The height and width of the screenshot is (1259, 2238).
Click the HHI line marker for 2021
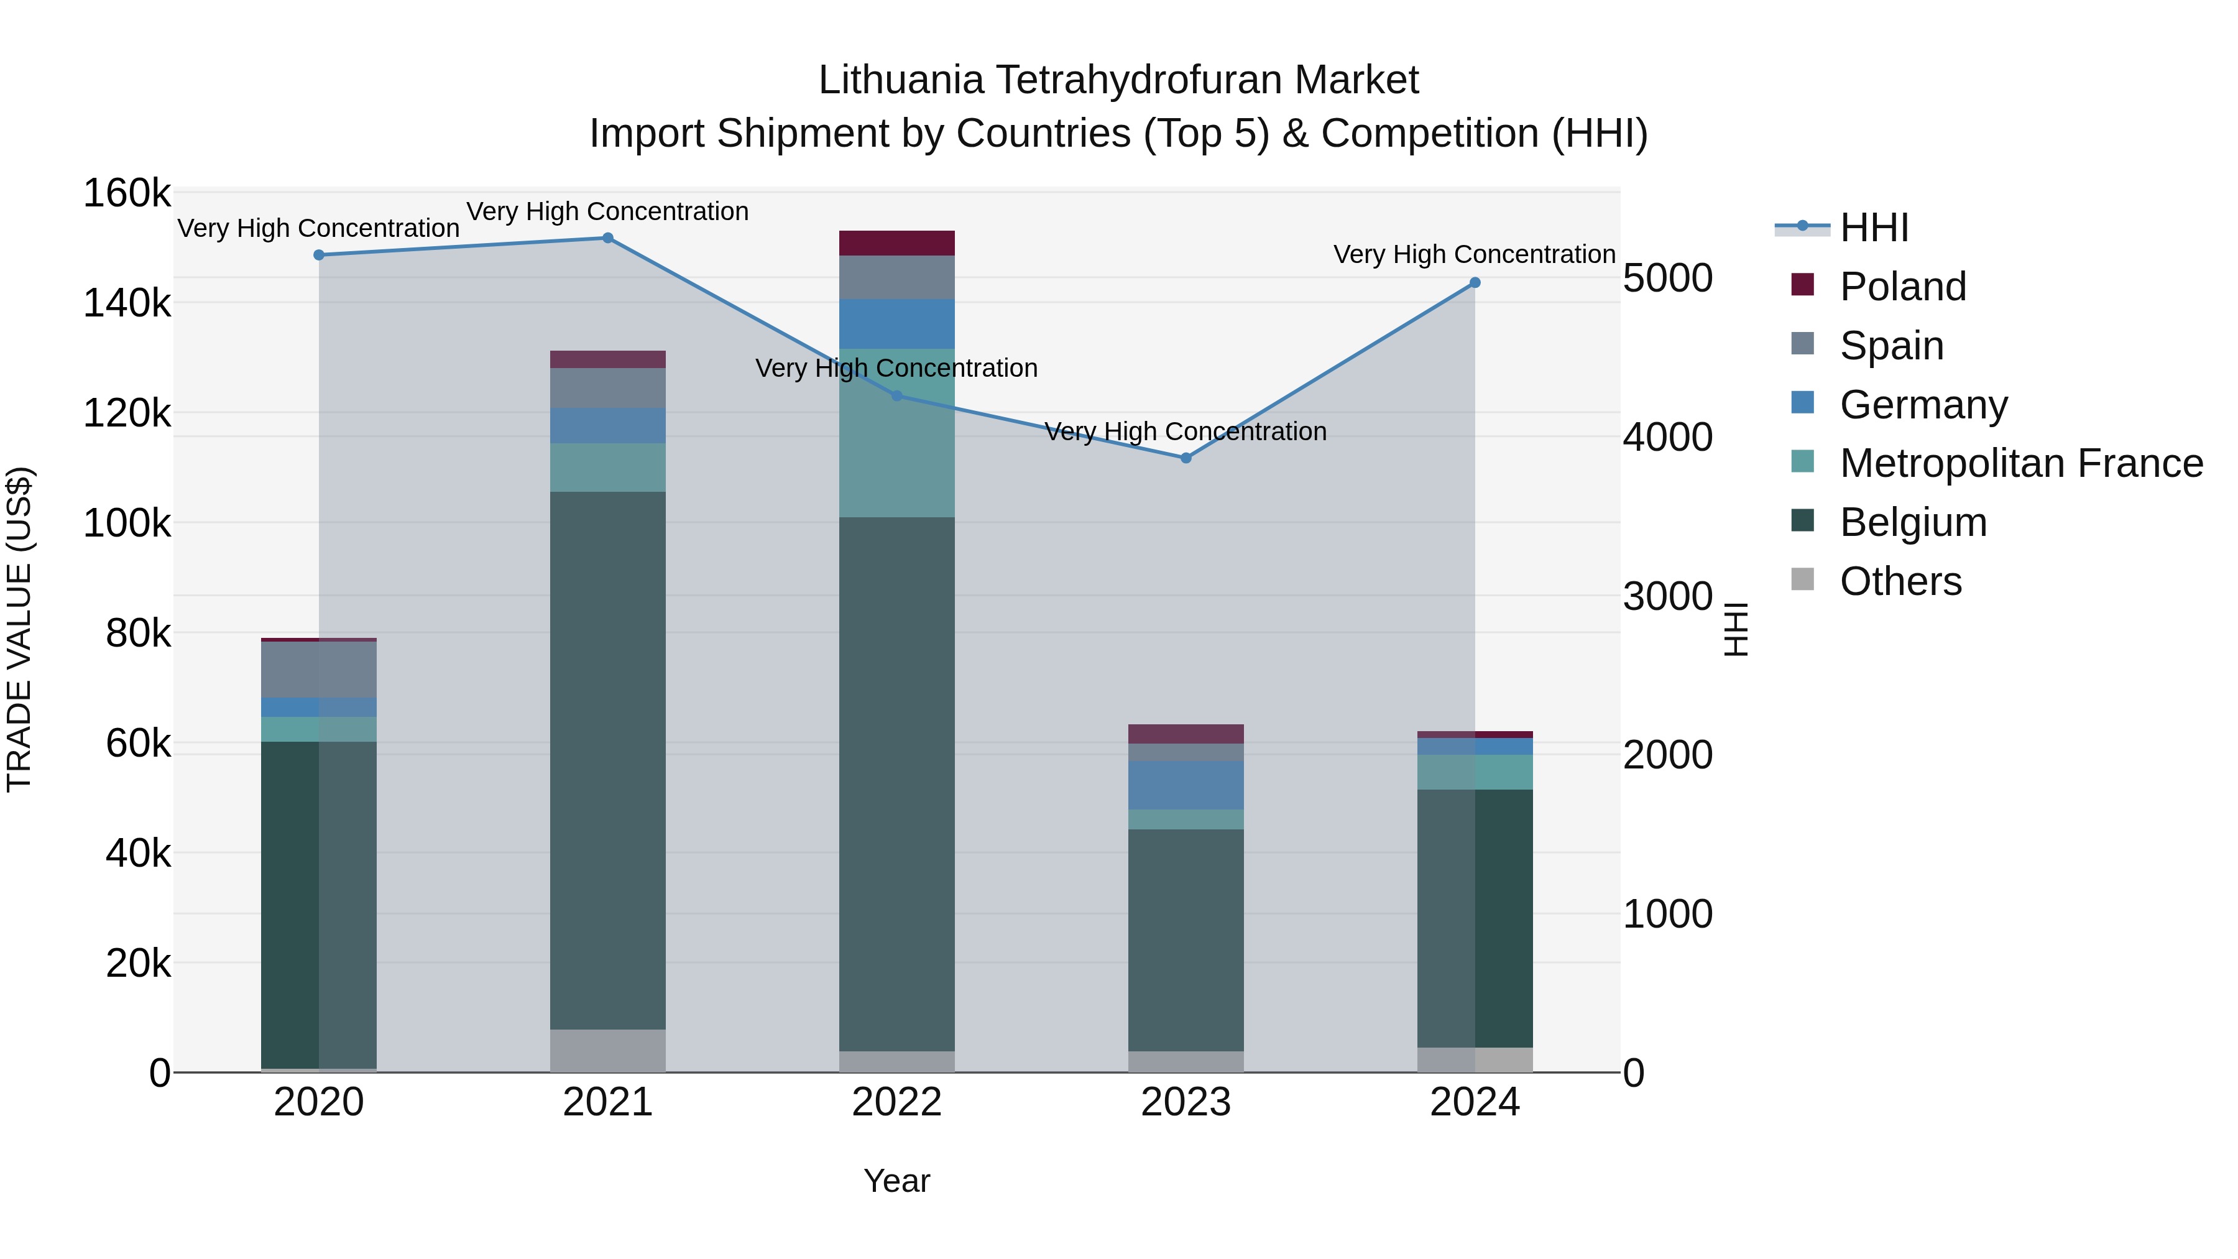tap(607, 238)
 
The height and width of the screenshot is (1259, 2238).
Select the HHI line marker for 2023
tap(1186, 458)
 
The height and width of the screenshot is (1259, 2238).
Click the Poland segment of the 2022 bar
tap(896, 243)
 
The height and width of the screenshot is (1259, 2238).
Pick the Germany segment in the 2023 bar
tap(1186, 785)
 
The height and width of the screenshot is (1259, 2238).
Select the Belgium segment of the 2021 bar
tap(607, 760)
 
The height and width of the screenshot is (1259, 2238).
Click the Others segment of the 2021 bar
tap(607, 1051)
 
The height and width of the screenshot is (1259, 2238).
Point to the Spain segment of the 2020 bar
tap(319, 670)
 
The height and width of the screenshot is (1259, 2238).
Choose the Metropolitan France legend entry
tap(2021, 463)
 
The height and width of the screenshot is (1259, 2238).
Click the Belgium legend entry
tap(1912, 522)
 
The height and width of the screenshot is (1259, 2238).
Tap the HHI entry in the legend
tap(1873, 228)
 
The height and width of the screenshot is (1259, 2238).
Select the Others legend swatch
tap(1803, 579)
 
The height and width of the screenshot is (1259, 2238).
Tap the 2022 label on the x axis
tap(896, 1102)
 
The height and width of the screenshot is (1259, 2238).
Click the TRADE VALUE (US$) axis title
tap(19, 629)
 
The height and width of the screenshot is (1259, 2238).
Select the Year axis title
tap(896, 1181)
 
